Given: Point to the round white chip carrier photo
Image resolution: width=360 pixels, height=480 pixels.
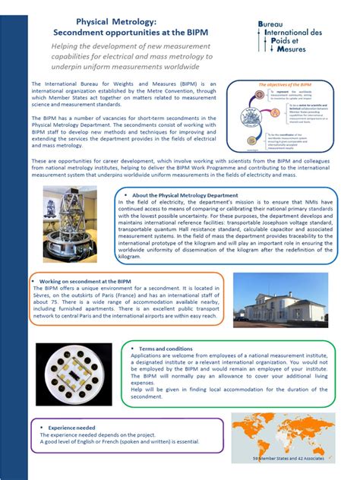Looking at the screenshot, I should coord(74,373).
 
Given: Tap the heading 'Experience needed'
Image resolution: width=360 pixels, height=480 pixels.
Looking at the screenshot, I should coord(72,428).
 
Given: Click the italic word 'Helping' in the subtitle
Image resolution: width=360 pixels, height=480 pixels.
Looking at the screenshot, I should coord(68,48).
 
